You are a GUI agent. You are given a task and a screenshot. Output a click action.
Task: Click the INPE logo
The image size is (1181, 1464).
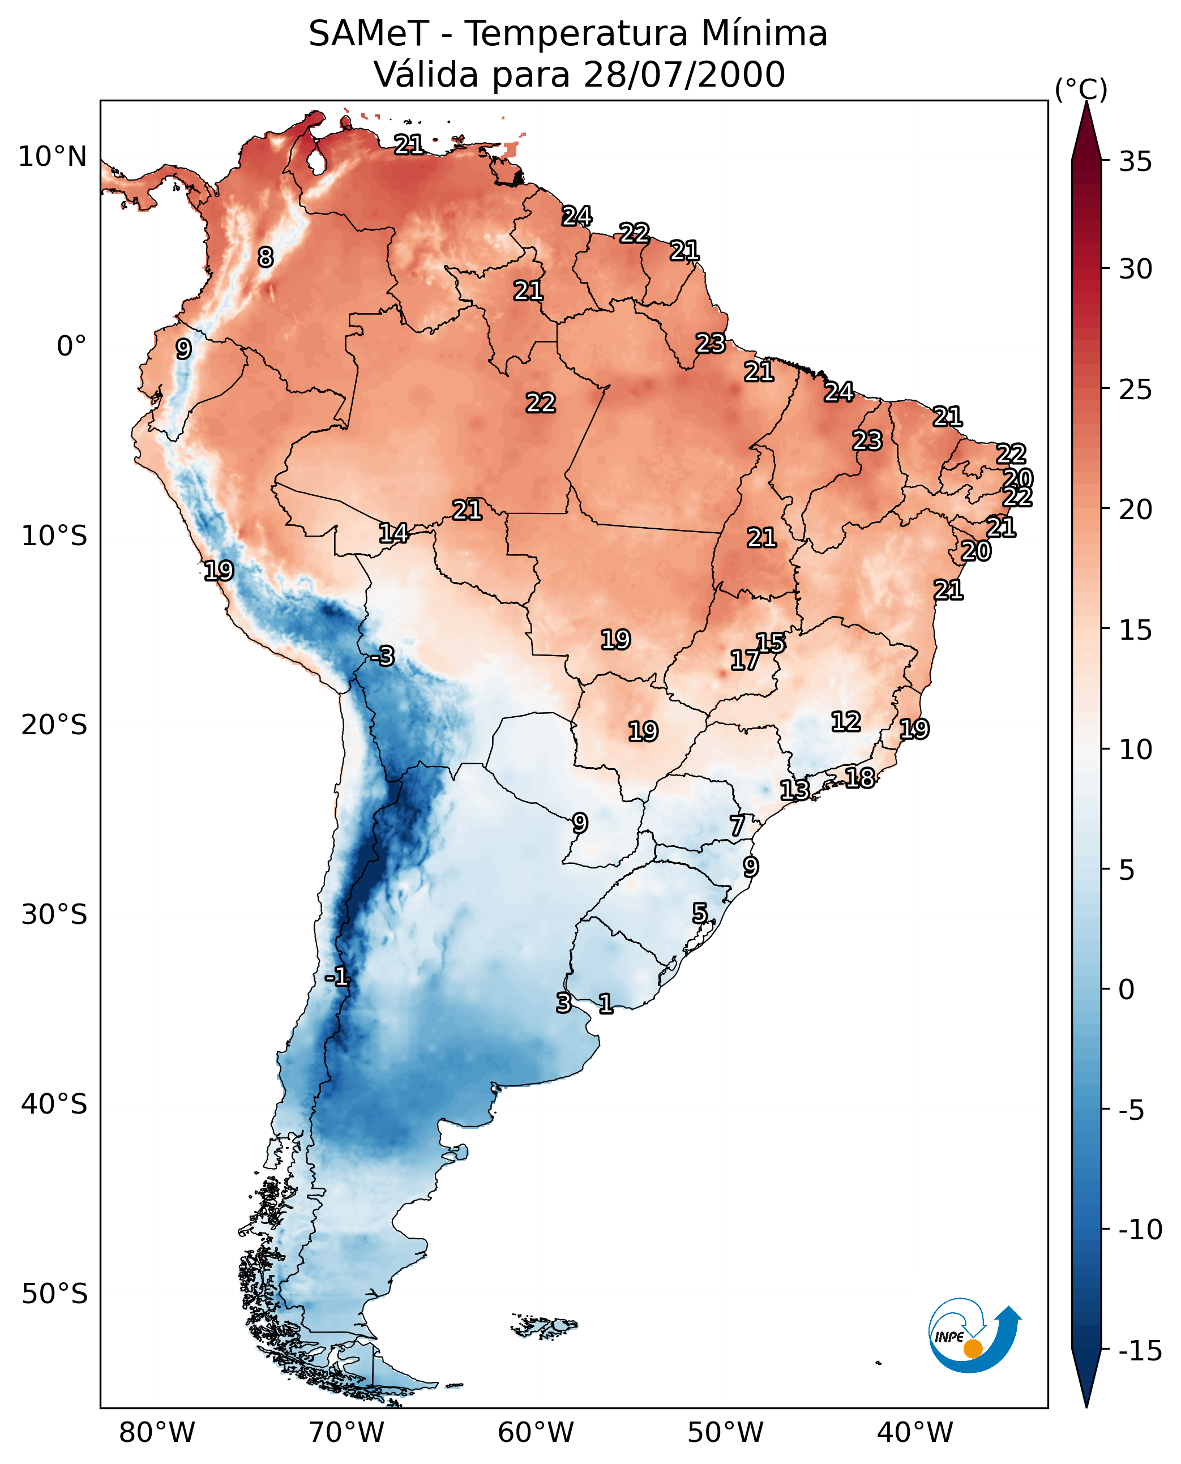click(x=974, y=1335)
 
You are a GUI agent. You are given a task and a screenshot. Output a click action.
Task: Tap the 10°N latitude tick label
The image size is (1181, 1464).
click(x=53, y=157)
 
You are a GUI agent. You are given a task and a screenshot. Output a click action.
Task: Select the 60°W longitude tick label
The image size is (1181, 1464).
click(x=536, y=1433)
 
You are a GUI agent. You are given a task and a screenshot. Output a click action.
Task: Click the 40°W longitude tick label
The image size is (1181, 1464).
click(x=914, y=1433)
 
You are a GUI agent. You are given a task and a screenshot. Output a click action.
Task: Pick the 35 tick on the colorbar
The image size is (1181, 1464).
click(x=1135, y=162)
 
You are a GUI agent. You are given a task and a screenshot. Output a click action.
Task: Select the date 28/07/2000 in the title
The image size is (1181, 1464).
click(x=684, y=75)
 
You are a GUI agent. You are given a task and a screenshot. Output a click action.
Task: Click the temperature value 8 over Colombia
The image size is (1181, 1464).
click(x=266, y=257)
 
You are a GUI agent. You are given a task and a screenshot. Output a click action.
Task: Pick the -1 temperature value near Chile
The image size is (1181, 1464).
click(x=337, y=978)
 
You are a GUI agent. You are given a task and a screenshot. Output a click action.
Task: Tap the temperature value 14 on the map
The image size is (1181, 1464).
click(x=393, y=533)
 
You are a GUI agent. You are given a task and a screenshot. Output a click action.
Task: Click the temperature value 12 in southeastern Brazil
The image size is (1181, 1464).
click(x=846, y=722)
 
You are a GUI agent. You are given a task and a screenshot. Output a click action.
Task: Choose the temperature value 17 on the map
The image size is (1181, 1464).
click(x=744, y=660)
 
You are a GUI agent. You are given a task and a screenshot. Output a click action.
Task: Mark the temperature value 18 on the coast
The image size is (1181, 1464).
click(x=860, y=778)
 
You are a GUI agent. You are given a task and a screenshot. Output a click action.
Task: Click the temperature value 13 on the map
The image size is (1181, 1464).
click(x=794, y=790)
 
